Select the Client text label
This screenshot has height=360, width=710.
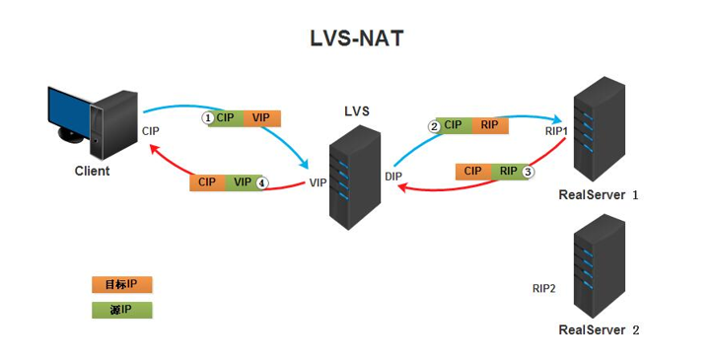(93, 171)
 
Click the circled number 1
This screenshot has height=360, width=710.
(208, 117)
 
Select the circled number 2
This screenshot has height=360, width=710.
(434, 125)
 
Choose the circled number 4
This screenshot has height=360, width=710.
(261, 182)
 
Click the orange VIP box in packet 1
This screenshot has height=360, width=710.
(261, 117)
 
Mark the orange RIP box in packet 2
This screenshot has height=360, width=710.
(488, 125)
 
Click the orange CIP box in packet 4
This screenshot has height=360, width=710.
(207, 182)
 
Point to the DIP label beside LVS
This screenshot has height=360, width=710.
(394, 176)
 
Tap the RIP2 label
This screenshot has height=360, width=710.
(543, 289)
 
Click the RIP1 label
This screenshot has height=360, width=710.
(556, 130)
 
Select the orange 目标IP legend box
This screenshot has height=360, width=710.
(121, 284)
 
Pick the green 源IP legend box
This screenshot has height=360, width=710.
(121, 310)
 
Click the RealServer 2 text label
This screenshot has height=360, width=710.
(599, 329)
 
